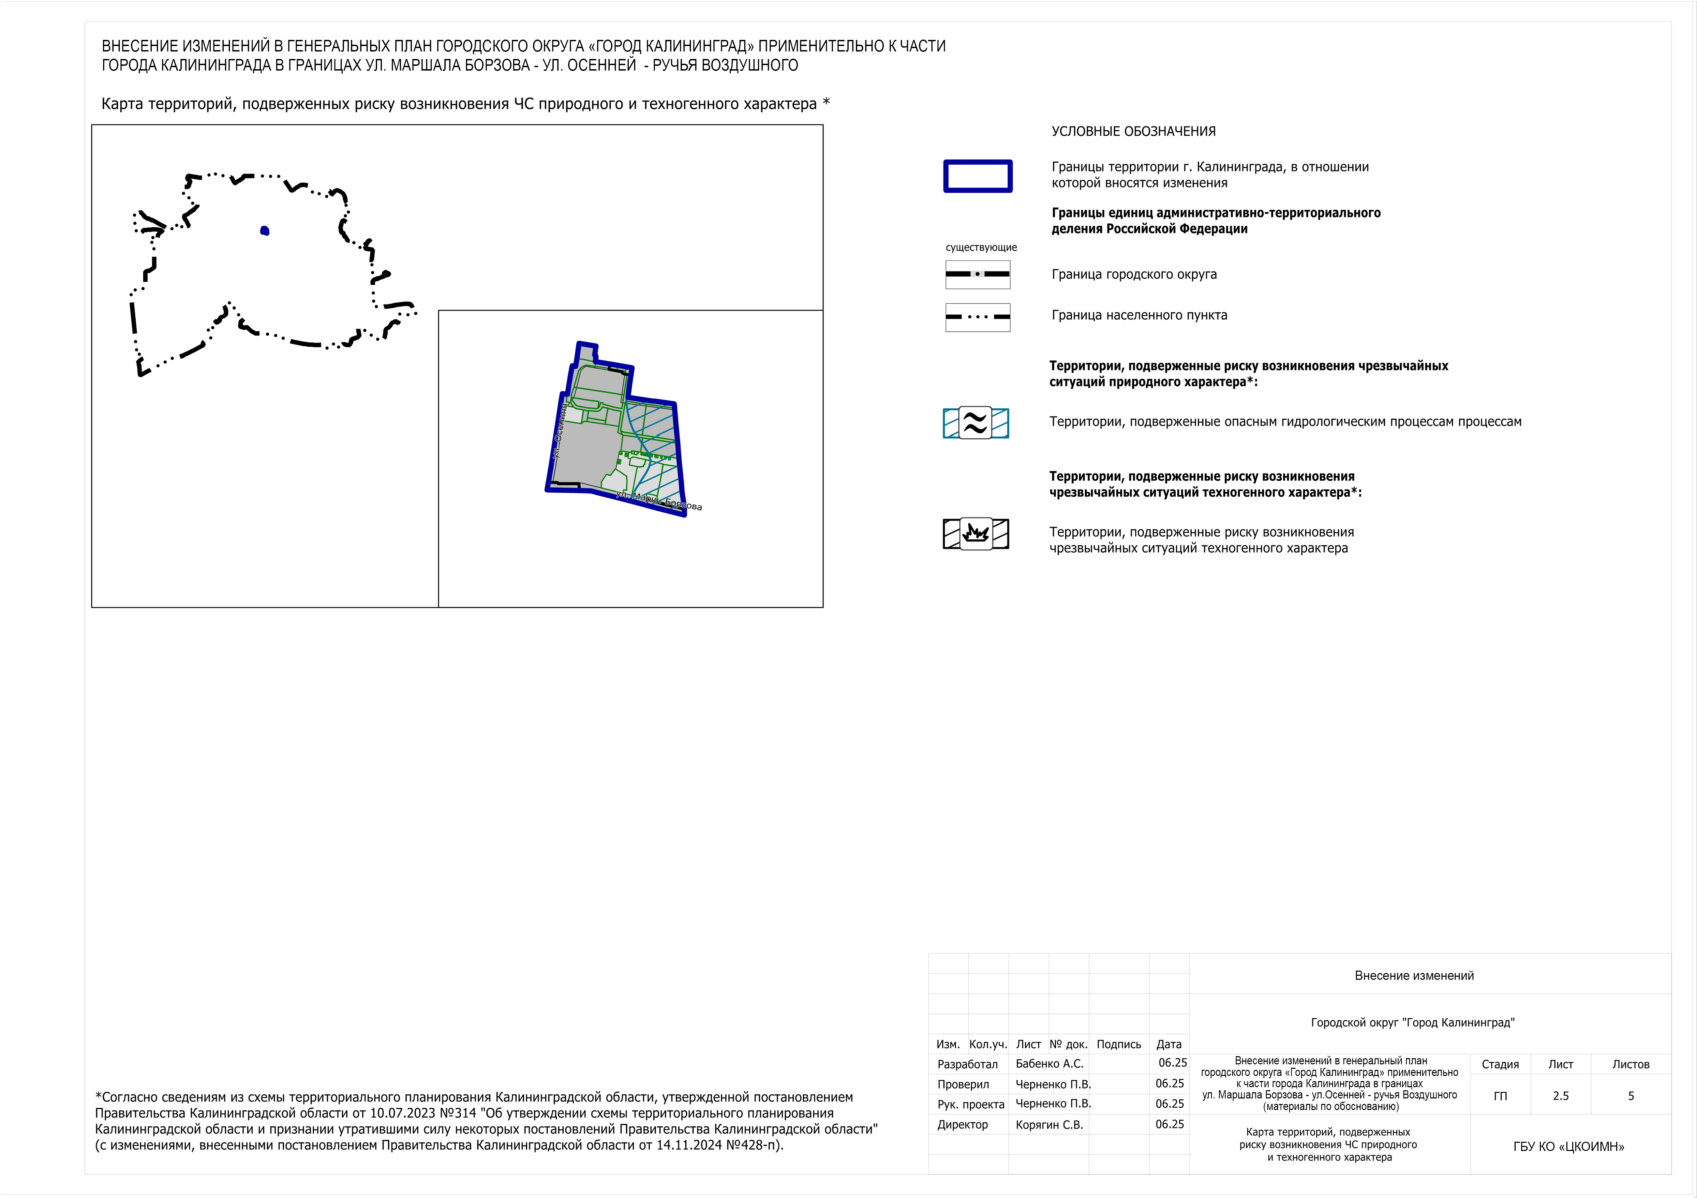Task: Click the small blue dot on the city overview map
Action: point(265,230)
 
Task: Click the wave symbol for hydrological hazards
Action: point(976,423)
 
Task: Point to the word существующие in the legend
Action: point(981,248)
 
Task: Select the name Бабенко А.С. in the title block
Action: point(1049,1063)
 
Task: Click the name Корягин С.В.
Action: point(1049,1124)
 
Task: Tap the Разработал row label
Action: point(967,1064)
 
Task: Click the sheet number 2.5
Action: point(1560,1096)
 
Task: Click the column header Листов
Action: point(1631,1064)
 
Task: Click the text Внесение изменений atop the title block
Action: point(1414,975)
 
